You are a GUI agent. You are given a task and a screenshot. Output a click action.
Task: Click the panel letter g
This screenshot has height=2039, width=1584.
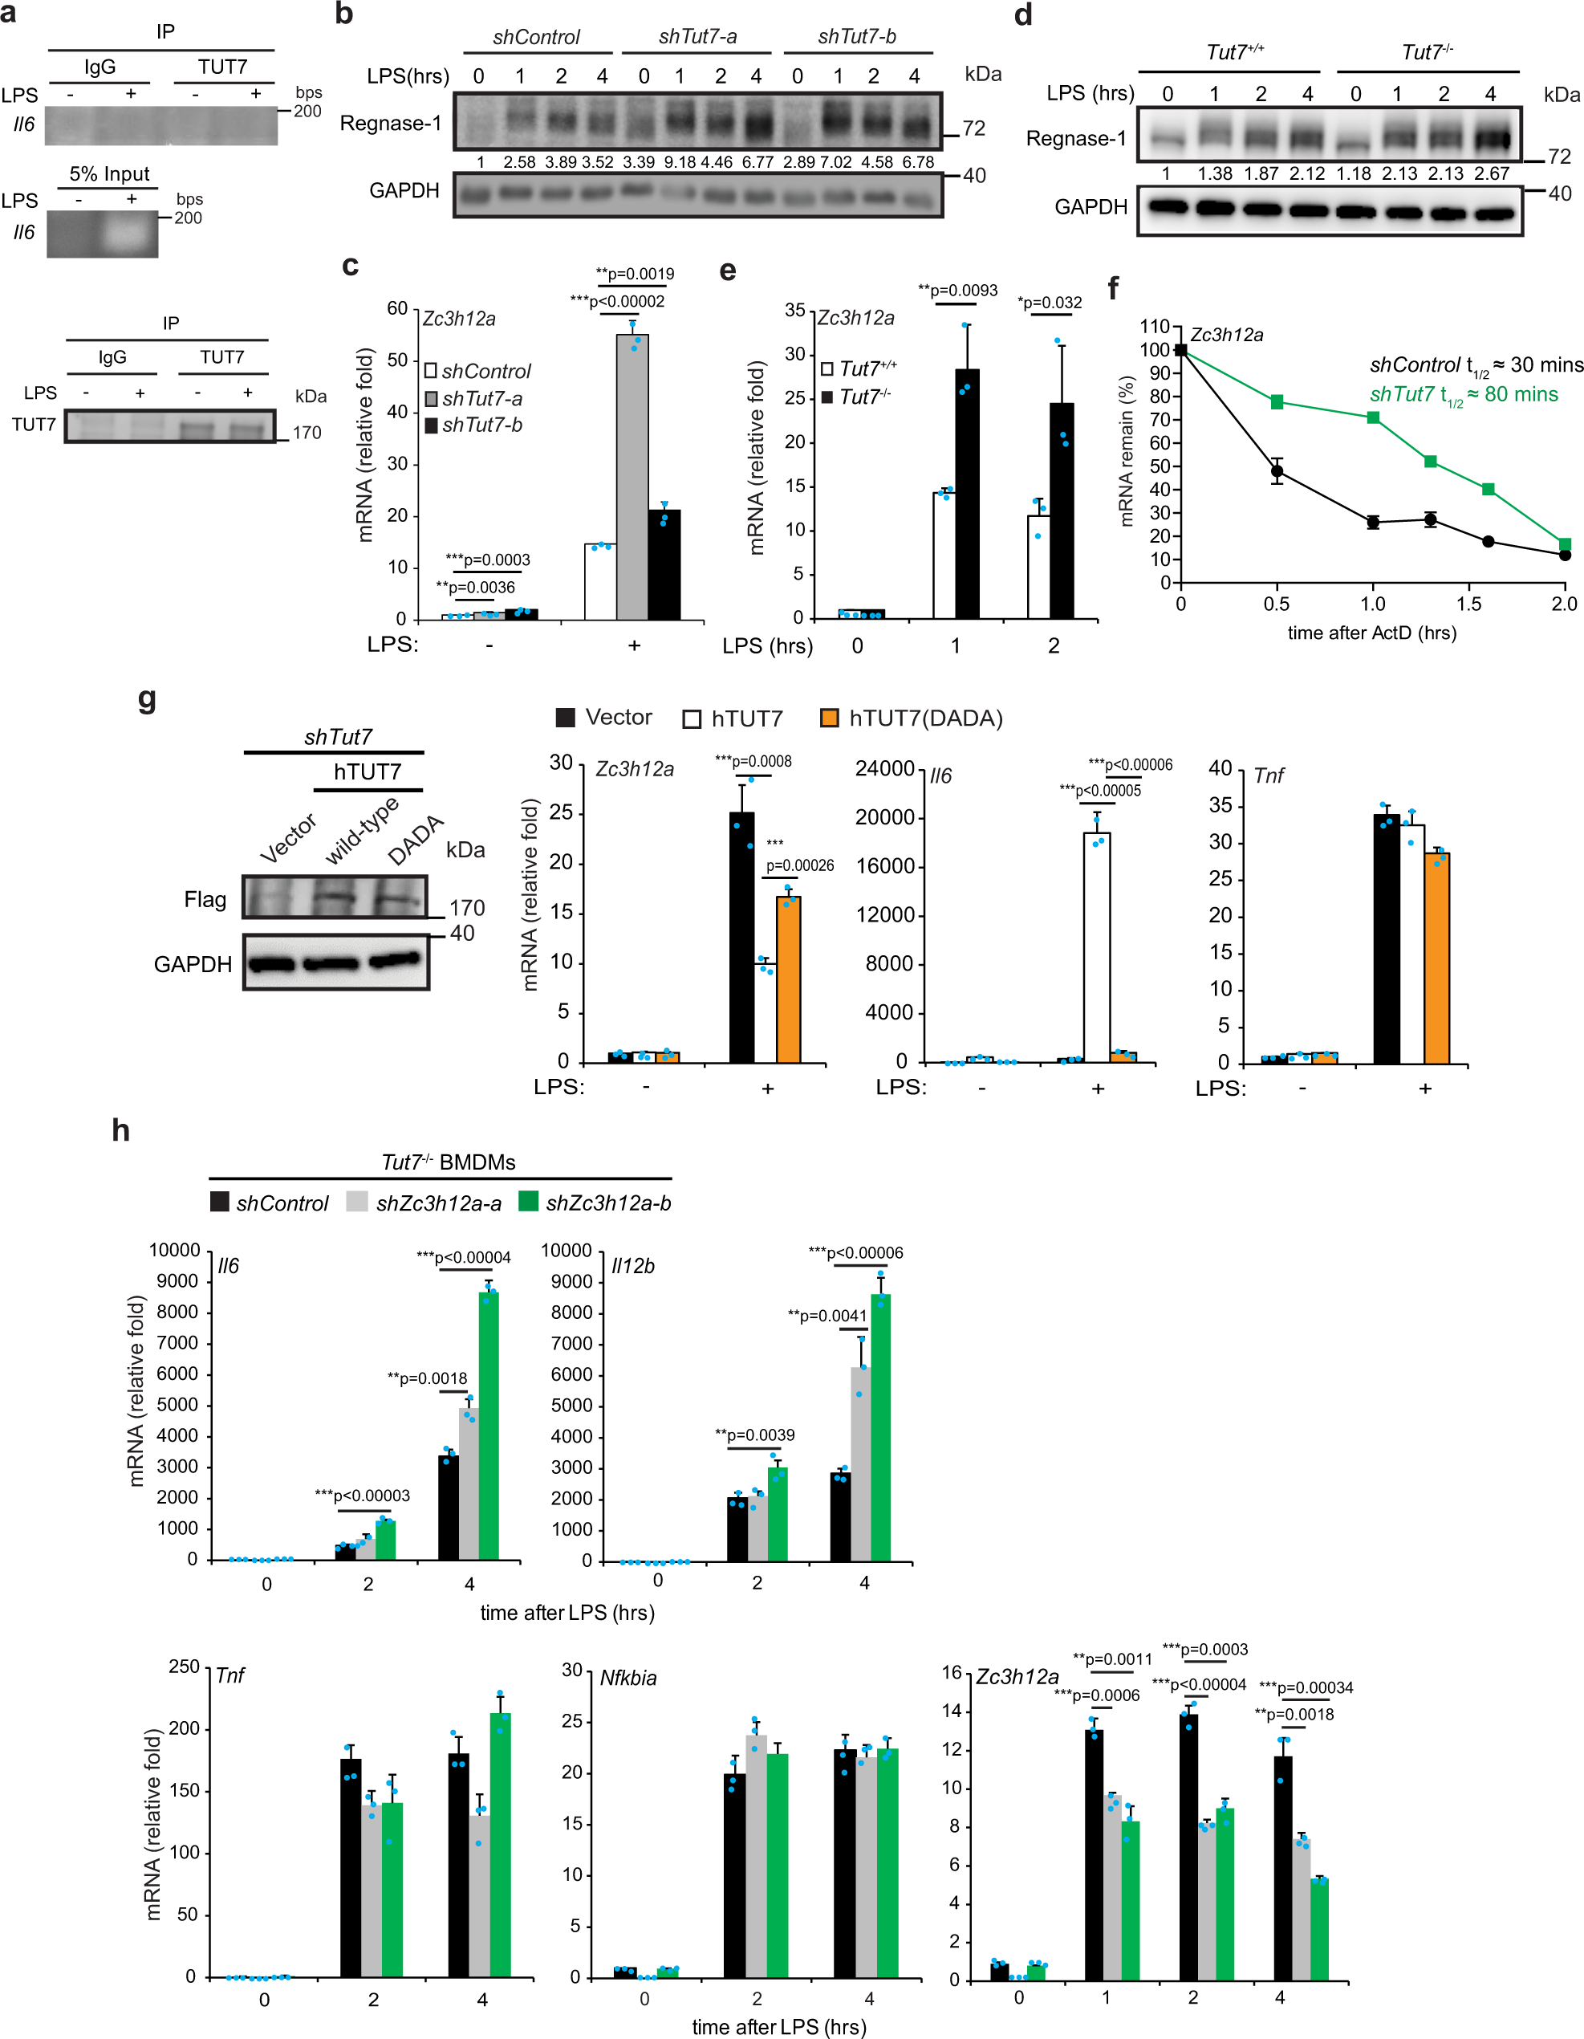[147, 698]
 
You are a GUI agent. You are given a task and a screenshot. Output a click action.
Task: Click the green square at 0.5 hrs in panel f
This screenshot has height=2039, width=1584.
[1277, 402]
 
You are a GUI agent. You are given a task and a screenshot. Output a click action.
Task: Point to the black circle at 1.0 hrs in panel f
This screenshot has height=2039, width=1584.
[1373, 522]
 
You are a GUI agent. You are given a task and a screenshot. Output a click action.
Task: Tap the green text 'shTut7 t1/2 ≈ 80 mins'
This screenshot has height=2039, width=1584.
[1464, 395]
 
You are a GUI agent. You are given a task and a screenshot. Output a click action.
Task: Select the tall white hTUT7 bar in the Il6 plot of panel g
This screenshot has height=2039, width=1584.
[1097, 946]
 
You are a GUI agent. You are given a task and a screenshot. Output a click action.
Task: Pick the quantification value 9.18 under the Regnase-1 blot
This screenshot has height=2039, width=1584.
[680, 162]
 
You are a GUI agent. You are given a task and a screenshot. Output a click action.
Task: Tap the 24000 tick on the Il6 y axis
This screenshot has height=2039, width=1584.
[884, 768]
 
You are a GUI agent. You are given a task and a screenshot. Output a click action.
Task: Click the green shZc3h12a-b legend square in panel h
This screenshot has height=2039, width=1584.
[528, 1202]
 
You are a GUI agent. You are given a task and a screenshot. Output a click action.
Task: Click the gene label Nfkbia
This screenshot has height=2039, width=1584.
[628, 1678]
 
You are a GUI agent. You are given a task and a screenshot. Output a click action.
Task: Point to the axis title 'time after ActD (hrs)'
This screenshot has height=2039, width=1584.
[1371, 632]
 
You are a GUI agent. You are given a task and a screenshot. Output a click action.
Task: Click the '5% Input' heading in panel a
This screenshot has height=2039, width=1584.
[109, 173]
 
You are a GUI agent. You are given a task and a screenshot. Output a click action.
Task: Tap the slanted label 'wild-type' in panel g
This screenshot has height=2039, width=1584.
[361, 830]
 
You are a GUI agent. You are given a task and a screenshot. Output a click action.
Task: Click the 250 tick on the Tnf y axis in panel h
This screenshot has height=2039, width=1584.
[184, 1667]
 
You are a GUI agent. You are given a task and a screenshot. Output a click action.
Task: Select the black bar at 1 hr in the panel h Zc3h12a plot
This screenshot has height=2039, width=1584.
[1094, 1854]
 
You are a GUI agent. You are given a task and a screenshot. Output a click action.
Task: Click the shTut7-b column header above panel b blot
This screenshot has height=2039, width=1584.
[856, 36]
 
